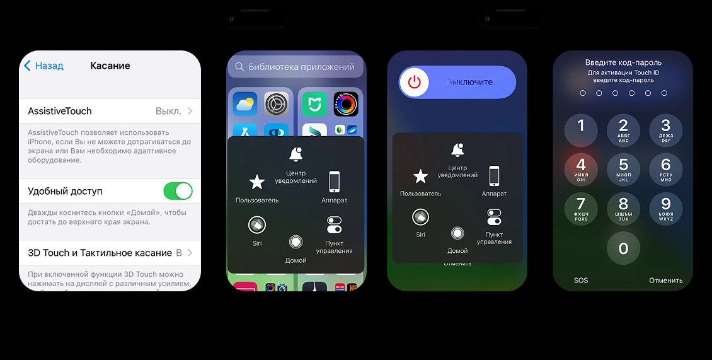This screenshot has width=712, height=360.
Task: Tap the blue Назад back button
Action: [x=44, y=66]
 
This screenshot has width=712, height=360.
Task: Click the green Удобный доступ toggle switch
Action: [x=178, y=191]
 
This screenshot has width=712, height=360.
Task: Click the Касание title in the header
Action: [x=110, y=66]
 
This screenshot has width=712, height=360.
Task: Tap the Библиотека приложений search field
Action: [x=296, y=67]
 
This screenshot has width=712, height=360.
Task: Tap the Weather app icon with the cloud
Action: [x=245, y=104]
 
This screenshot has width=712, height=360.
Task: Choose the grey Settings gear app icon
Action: [x=276, y=104]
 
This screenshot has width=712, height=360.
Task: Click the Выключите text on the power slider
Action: [x=469, y=82]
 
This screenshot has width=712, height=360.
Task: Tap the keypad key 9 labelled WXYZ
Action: [x=665, y=207]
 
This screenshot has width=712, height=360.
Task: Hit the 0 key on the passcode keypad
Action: [x=623, y=248]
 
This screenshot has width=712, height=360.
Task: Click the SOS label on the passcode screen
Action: [x=581, y=281]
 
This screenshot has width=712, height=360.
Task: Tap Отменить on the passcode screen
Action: [x=665, y=281]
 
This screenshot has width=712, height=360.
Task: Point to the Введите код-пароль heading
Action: [x=623, y=62]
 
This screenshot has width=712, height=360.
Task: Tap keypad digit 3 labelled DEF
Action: [x=665, y=129]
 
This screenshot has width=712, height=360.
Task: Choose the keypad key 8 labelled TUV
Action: [x=623, y=207]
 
